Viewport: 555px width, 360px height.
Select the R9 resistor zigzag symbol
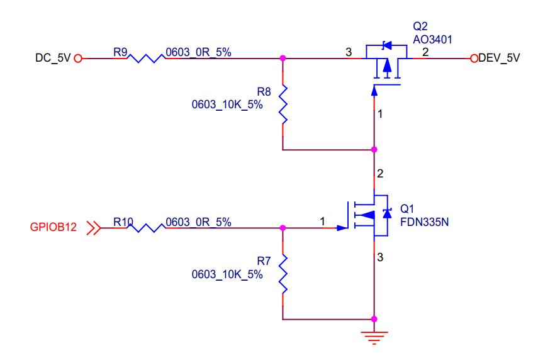(145, 58)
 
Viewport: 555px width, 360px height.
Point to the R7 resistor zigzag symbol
(283, 273)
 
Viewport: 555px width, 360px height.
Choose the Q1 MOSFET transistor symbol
(368, 215)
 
